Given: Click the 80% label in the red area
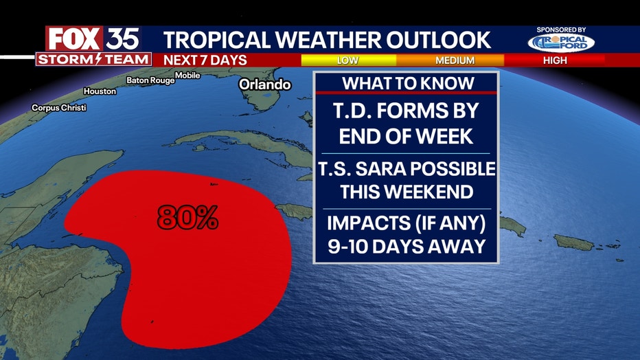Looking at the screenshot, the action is (x=187, y=217).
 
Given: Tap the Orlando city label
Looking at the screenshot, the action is (x=265, y=85).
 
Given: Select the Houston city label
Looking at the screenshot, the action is (x=100, y=91).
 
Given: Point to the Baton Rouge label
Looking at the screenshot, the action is (x=150, y=80).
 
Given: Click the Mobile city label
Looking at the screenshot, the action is (x=187, y=75).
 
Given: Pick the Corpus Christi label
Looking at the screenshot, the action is (x=59, y=108).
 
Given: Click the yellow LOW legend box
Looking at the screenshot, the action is (x=349, y=60).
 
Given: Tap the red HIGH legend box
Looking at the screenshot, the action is (x=555, y=60).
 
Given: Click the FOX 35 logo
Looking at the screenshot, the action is (x=93, y=38).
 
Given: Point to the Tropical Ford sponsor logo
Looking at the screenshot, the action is (x=561, y=43).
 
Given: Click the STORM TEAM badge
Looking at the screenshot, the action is (x=94, y=59).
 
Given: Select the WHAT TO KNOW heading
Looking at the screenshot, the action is (x=408, y=83).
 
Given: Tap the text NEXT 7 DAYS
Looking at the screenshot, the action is (x=205, y=60).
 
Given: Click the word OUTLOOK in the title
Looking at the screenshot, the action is (x=438, y=40).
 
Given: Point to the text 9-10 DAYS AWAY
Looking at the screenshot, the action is (x=407, y=246).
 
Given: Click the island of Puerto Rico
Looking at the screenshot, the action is (x=574, y=243).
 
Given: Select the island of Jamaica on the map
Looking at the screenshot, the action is (x=294, y=212).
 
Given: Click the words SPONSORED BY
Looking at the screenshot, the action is (x=561, y=30).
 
